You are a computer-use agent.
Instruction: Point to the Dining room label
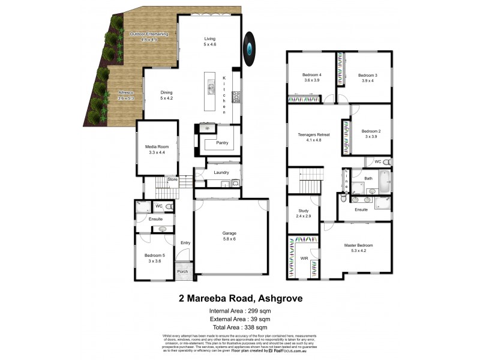[x=166, y=93]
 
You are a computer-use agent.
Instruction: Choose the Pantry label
[x=222, y=143]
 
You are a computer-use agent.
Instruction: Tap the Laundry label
[x=221, y=173]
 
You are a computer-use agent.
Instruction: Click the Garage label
[x=229, y=235]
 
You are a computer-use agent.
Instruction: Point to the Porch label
[x=182, y=272]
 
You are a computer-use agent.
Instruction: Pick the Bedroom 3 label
[x=367, y=75]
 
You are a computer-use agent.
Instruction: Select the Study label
[x=304, y=211]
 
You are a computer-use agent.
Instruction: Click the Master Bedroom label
[x=359, y=245]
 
